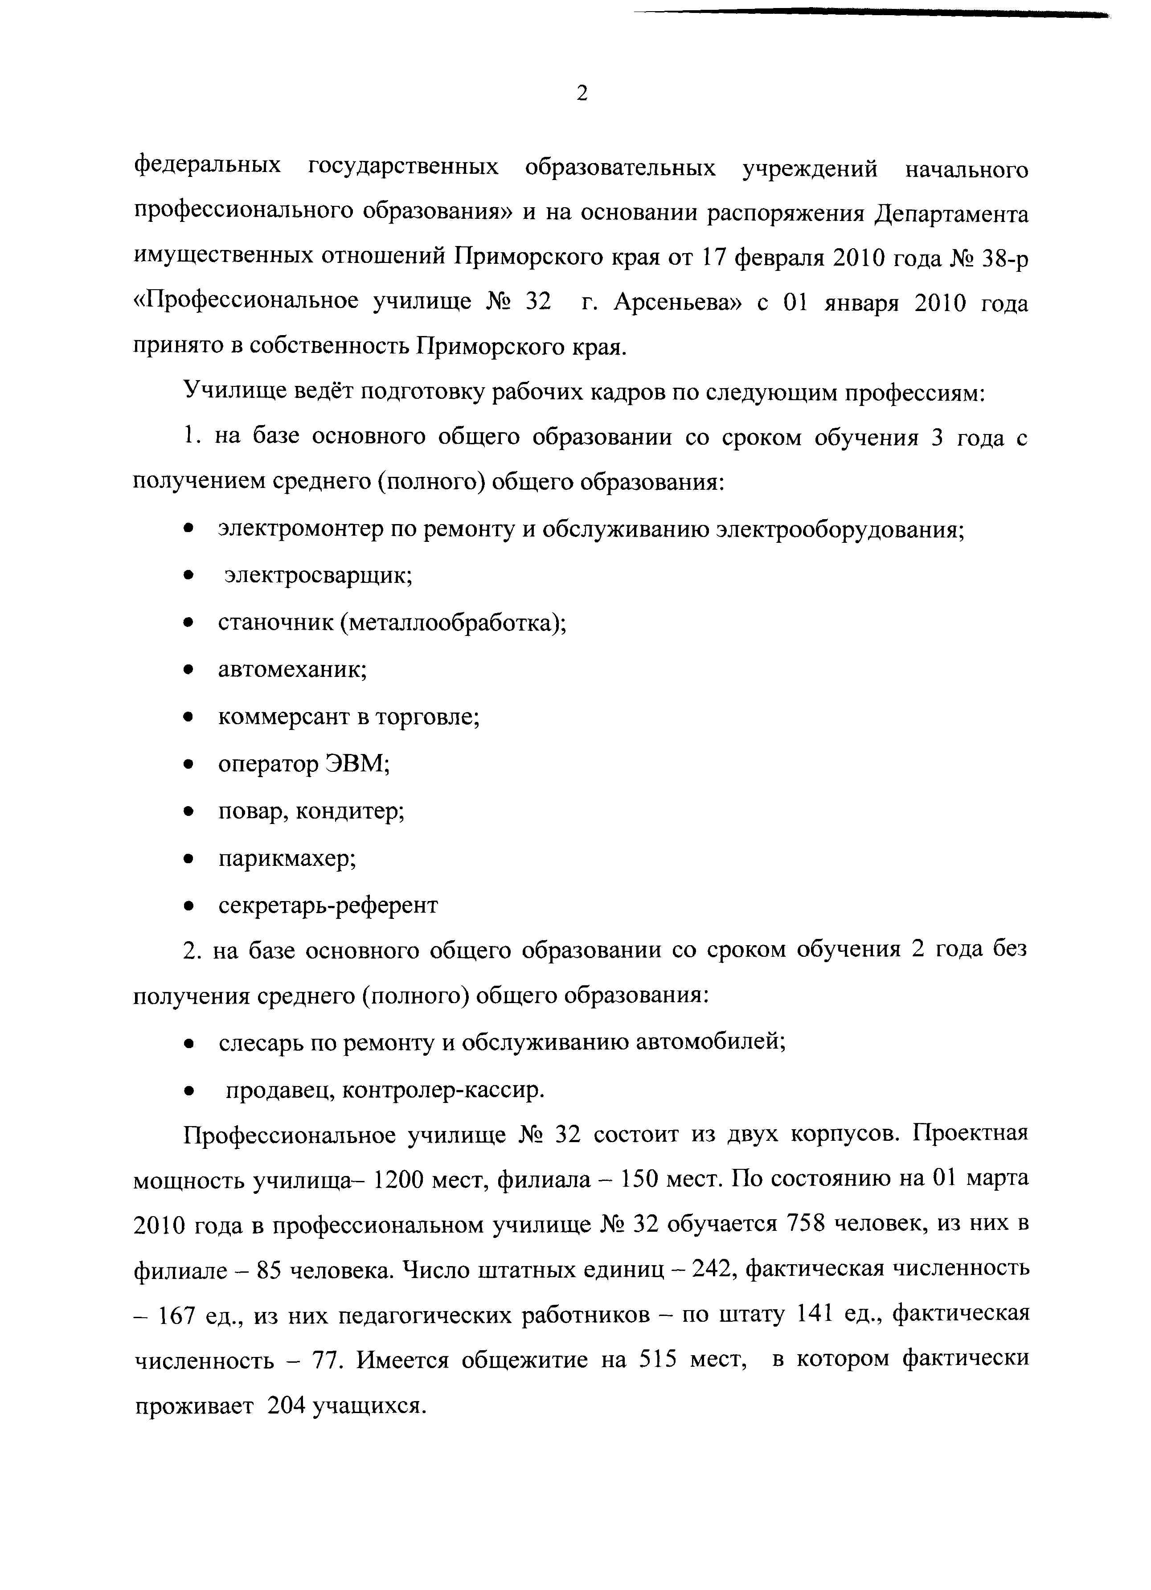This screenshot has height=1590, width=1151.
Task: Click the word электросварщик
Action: coord(317,576)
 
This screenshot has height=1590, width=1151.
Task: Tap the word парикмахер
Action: coord(287,858)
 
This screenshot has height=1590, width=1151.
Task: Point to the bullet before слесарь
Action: coord(188,1044)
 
